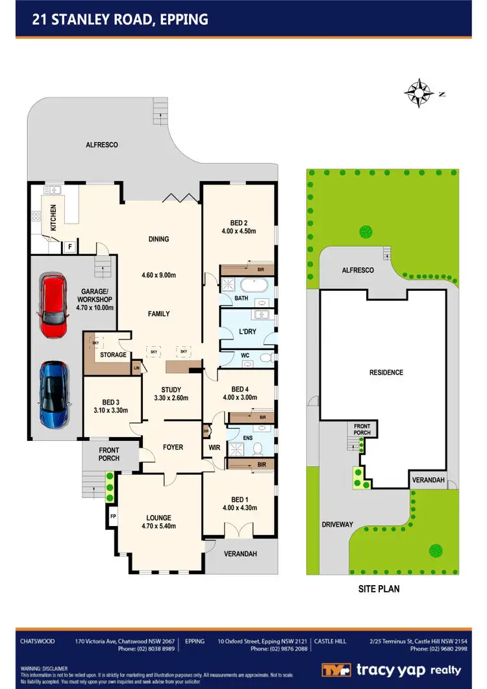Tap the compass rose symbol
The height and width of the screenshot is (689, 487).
[x=419, y=93]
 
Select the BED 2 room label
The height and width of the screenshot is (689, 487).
[x=239, y=223]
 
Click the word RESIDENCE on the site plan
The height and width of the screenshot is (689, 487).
[x=386, y=373]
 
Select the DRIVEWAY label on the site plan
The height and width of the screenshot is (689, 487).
[x=336, y=524]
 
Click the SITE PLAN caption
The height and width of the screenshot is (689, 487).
[x=379, y=589]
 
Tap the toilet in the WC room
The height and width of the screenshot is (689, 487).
[x=264, y=358]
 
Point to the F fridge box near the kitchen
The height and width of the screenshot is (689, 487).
[x=68, y=247]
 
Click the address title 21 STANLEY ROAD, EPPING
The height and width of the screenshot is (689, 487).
[x=120, y=19]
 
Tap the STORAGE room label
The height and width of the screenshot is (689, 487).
[x=113, y=355]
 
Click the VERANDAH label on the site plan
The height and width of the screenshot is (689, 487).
[x=427, y=481]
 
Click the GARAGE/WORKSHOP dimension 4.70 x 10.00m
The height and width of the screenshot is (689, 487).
[x=93, y=307]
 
